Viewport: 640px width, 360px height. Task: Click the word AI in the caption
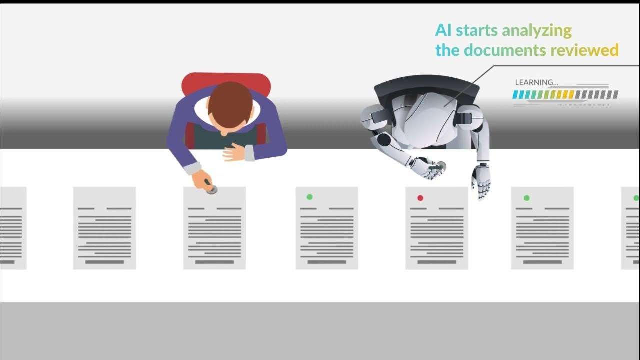(443, 30)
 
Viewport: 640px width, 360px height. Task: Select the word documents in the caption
(505, 50)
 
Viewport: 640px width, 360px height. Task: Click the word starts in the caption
(477, 31)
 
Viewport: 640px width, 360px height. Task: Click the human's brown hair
(230, 102)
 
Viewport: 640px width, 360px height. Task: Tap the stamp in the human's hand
(212, 189)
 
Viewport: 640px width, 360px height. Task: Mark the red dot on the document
(420, 198)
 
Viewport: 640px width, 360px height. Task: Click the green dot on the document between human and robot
(310, 197)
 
